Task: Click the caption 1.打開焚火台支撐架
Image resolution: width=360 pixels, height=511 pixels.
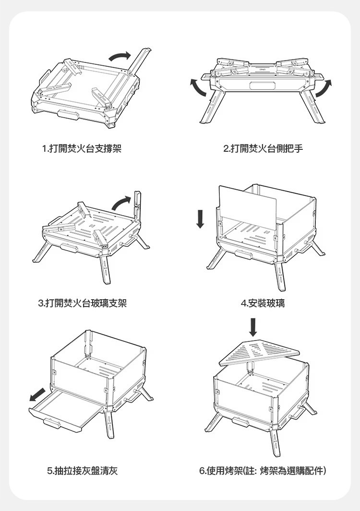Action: tap(82, 149)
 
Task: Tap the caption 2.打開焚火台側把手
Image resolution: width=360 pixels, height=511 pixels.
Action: tap(263, 149)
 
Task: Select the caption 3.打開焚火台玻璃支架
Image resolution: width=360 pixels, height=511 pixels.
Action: tap(83, 303)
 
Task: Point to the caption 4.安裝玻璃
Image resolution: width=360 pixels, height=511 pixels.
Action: tap(262, 303)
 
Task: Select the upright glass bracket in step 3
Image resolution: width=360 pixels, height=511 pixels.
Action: tap(138, 207)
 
